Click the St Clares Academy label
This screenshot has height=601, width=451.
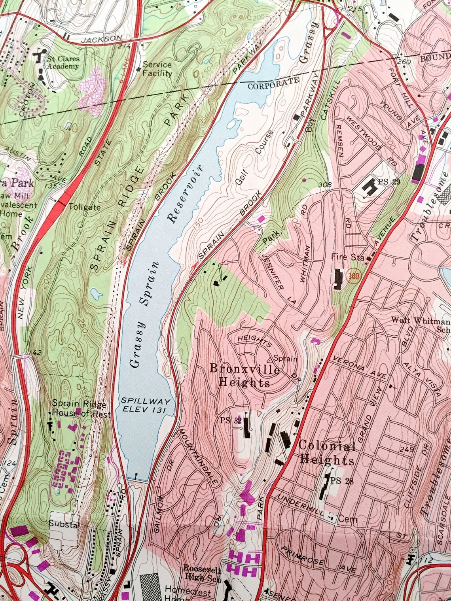(x=63, y=62)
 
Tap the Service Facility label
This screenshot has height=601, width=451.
(x=157, y=69)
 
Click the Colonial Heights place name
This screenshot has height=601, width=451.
(x=326, y=453)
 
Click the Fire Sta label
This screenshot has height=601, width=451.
(x=347, y=257)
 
